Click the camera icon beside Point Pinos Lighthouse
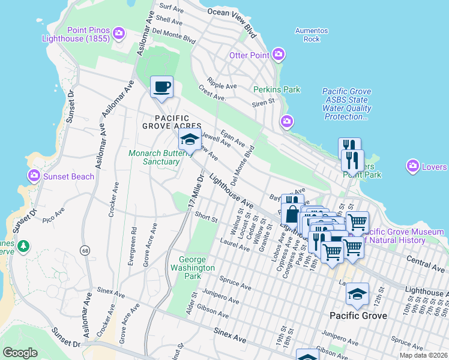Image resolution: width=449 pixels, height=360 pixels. click(118, 32)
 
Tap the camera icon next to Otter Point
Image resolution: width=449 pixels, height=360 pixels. click(278, 55)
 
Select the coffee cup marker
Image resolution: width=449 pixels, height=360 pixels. click(161, 87)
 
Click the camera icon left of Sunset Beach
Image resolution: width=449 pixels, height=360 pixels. click(34, 176)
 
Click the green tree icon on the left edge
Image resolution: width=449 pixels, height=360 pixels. click(23, 246)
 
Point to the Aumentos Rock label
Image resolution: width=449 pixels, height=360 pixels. click(312, 35)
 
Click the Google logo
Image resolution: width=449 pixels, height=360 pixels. click(20, 353)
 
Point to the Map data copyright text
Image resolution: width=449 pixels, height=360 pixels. click(423, 355)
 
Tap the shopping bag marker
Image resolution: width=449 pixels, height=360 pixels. click(292, 214)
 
